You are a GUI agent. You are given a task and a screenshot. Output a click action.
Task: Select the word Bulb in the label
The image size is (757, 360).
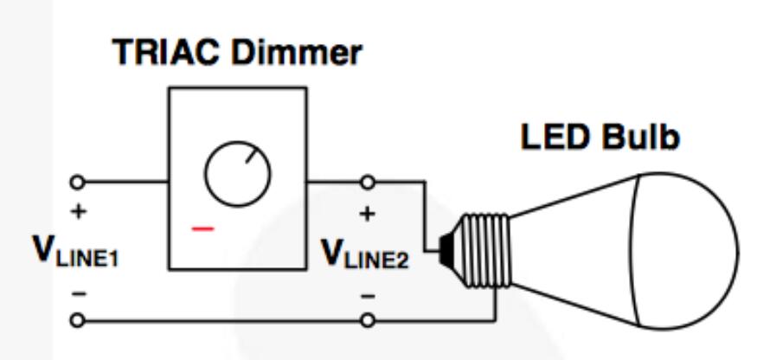(x=645, y=138)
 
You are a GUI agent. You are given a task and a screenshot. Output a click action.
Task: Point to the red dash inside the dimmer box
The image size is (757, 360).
(x=202, y=229)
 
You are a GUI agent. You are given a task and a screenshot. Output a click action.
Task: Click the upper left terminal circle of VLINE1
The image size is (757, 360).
(x=79, y=182)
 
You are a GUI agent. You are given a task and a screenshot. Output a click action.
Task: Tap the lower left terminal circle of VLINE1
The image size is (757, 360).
(x=79, y=321)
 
